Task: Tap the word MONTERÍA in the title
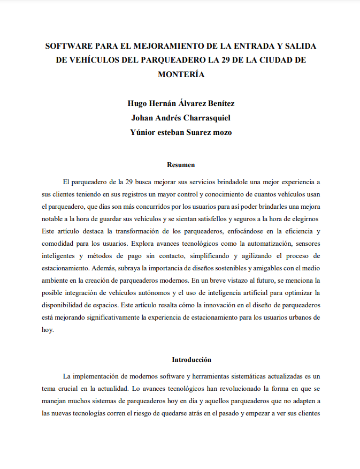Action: pos(181,74)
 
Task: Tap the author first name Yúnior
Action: pos(143,132)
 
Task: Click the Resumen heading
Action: pos(181,165)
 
